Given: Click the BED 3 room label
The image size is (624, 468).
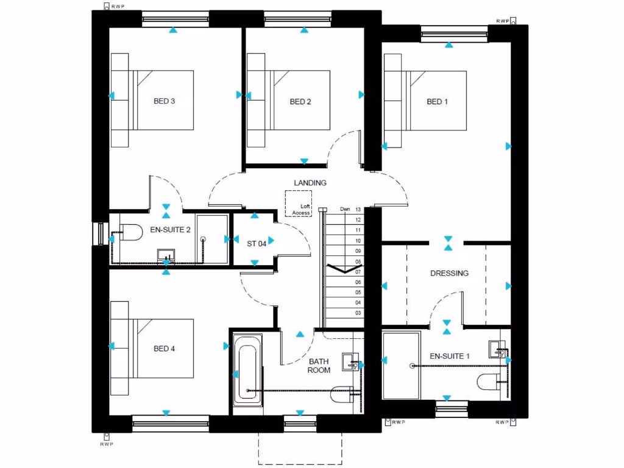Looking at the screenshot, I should pos(164,102).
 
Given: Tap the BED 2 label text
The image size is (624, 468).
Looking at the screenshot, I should pos(300,102).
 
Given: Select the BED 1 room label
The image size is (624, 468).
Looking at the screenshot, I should pos(437,102).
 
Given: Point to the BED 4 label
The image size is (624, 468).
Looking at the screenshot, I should pos(164,349).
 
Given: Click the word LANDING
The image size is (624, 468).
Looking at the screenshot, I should pos(310,183).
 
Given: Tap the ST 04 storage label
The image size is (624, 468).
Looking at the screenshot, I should pos(257,243).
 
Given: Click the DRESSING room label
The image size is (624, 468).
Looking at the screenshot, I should pos(449,274).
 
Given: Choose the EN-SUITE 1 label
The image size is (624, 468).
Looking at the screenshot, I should pos(450,356).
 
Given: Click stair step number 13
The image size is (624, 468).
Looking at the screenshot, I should pos(358,209).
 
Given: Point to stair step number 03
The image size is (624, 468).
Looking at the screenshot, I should pos(358,313).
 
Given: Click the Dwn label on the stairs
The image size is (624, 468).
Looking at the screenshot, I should pos(345,209).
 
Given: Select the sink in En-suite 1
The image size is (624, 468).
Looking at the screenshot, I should pos(497,349).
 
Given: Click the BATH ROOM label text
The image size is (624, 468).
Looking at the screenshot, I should pos(319,366).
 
